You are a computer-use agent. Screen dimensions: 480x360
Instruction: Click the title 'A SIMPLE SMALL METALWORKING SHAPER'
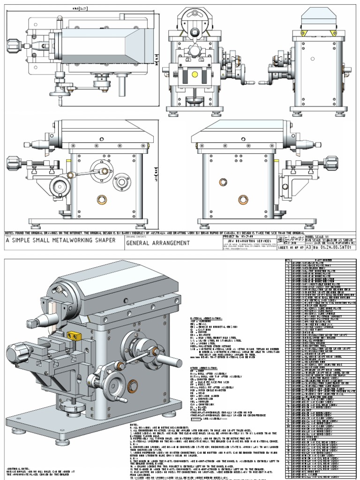point(60,241)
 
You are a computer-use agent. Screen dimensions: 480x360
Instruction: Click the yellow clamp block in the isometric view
point(74,336)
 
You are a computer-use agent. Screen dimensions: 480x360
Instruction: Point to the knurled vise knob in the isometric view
point(18,350)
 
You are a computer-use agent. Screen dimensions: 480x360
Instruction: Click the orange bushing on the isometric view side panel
point(133,386)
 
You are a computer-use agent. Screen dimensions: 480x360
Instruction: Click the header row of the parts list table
point(321,259)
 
